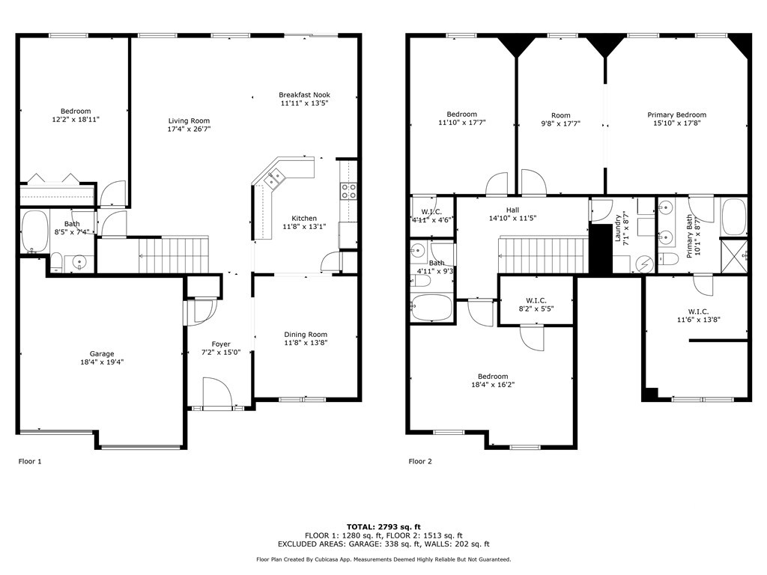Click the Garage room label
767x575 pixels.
[102, 354]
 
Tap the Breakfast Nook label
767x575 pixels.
[304, 95]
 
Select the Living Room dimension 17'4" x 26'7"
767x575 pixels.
[189, 129]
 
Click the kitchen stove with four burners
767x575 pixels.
[348, 191]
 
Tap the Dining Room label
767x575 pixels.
[306, 335]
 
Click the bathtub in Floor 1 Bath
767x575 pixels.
[34, 231]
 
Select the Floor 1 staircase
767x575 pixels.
[172, 255]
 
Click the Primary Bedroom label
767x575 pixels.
[676, 115]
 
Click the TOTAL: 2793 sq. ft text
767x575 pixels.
[383, 526]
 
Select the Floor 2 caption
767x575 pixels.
[420, 462]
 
